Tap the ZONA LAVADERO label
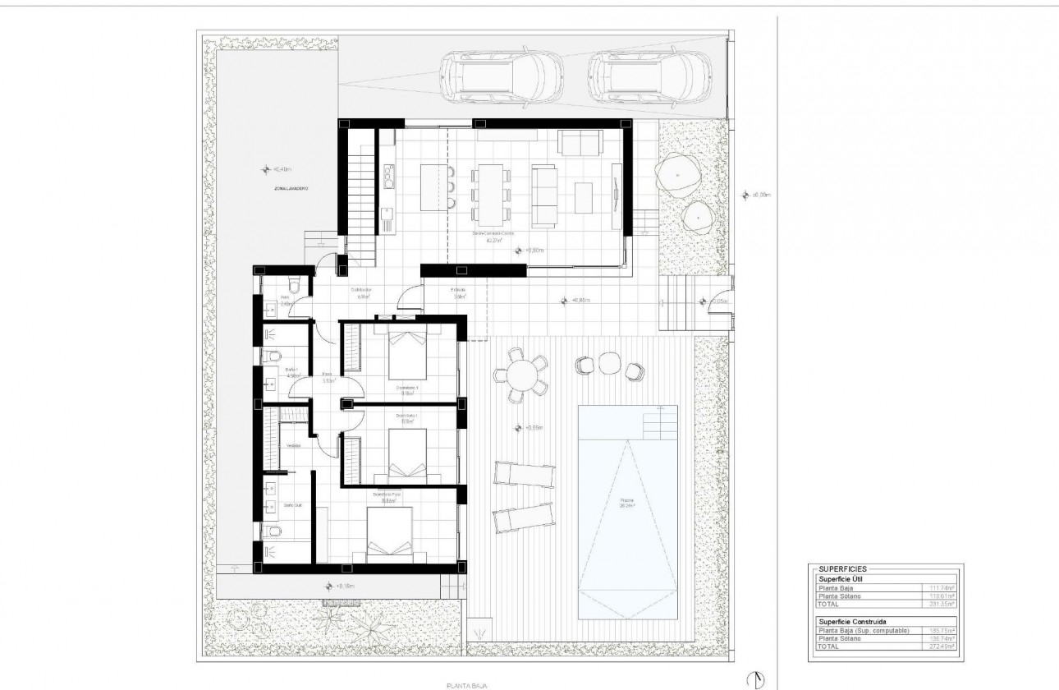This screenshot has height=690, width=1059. [291, 188]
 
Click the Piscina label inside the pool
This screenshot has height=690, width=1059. [626, 502]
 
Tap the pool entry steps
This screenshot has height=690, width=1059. [661, 423]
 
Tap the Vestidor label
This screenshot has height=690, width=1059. [292, 446]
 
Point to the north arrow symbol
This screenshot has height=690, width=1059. [759, 678]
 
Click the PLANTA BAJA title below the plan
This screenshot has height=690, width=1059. [464, 683]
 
